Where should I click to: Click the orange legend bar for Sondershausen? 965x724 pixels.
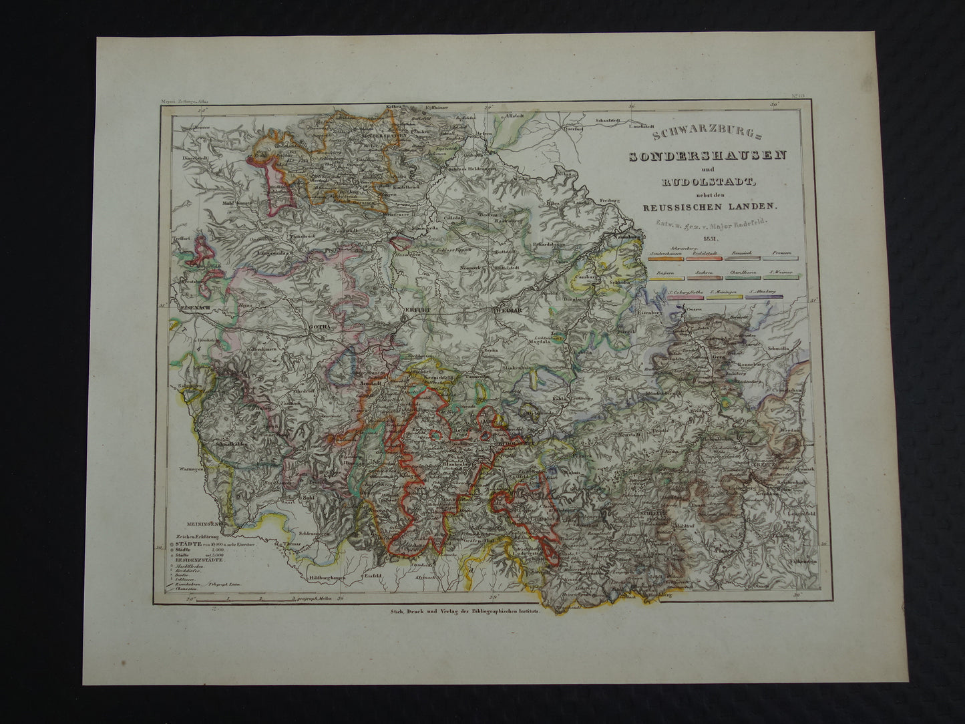point(668,258)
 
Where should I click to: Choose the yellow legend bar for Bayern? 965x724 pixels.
point(668,277)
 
